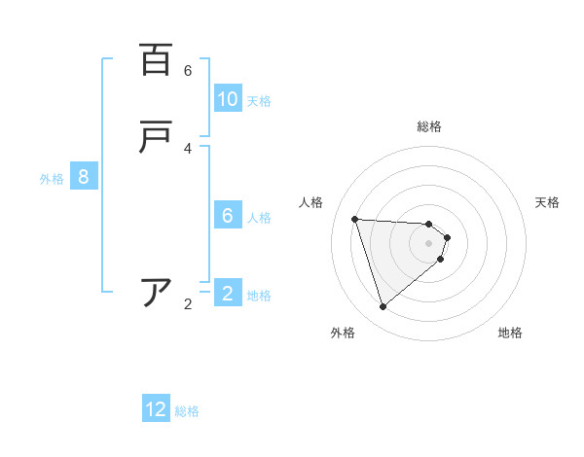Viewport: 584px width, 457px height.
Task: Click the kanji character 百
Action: [x=156, y=60]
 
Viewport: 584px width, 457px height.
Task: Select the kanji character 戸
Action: [x=156, y=138]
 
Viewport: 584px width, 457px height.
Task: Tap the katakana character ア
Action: [x=156, y=293]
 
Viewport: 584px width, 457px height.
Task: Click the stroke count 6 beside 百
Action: [x=188, y=71]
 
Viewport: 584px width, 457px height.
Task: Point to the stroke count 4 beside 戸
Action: [x=188, y=149]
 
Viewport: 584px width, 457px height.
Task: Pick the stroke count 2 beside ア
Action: [x=188, y=304]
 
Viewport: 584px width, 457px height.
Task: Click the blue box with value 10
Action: [x=228, y=99]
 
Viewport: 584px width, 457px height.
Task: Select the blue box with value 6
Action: [x=228, y=216]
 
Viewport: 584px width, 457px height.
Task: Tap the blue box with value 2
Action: [x=228, y=294]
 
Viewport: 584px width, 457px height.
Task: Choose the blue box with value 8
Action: [x=84, y=177]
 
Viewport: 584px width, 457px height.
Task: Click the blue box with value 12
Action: [x=156, y=409]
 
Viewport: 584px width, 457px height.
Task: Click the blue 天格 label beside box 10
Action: [x=259, y=100]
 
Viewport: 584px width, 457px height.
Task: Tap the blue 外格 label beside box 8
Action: [x=52, y=178]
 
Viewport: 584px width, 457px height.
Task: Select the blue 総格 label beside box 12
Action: [x=187, y=410]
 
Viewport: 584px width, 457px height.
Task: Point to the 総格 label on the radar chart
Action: [x=429, y=126]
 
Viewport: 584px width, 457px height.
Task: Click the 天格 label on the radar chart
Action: [x=547, y=202]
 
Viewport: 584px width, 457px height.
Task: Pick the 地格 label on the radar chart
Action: [x=510, y=333]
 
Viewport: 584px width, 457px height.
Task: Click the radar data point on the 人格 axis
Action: [x=355, y=219]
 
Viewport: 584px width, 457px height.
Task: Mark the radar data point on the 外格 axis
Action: [x=383, y=307]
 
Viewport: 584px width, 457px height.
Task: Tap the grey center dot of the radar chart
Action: [x=429, y=243]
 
